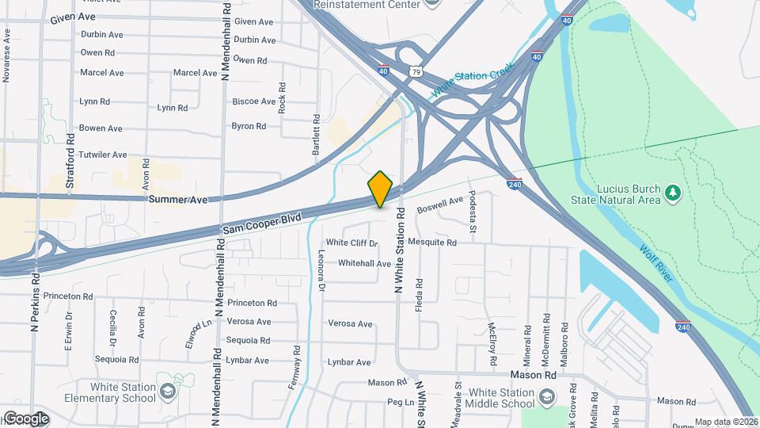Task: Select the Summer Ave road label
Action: (x=177, y=200)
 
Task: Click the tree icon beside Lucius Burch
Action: (x=673, y=193)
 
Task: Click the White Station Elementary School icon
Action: (x=168, y=392)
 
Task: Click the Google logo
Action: (x=25, y=418)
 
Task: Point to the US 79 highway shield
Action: (x=416, y=71)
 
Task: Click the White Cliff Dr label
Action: (x=352, y=243)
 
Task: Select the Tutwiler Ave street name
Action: (x=103, y=155)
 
